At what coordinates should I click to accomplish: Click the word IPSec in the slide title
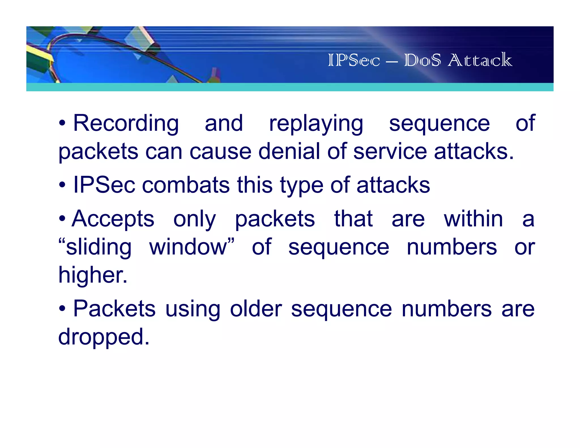(354, 60)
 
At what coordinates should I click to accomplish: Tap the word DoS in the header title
(422, 60)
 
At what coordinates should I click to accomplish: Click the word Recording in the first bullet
(126, 123)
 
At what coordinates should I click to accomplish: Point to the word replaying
(316, 124)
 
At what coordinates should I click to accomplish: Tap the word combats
(186, 185)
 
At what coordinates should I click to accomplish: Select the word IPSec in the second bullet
(104, 185)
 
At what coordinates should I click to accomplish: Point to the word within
(473, 219)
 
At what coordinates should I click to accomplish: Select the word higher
(93, 275)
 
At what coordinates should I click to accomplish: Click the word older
(256, 308)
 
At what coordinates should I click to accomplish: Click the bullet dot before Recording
(62, 123)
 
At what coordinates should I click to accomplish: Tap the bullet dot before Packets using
(62, 309)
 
